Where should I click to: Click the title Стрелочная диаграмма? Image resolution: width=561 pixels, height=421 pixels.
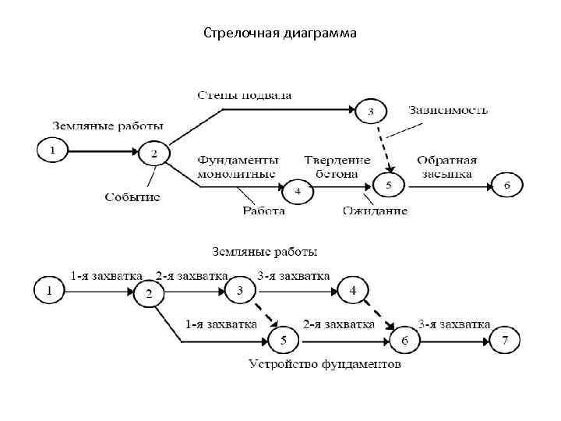click(x=280, y=34)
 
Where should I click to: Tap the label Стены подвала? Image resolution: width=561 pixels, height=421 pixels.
click(x=244, y=95)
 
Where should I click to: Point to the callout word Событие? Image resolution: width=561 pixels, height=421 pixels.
click(x=132, y=196)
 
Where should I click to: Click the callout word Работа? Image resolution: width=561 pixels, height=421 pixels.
click(x=263, y=209)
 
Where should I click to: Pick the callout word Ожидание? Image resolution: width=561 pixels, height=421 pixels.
click(x=374, y=209)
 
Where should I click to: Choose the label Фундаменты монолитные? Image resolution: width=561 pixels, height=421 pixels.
click(x=236, y=166)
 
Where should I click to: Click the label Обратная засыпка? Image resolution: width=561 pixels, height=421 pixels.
click(x=446, y=166)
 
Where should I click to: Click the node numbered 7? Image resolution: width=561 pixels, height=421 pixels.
click(x=505, y=340)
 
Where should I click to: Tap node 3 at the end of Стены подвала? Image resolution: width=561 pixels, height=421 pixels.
click(x=371, y=111)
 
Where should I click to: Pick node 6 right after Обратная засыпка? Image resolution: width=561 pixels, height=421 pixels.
click(x=506, y=186)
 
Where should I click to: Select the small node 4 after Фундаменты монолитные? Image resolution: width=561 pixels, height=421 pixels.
click(x=296, y=189)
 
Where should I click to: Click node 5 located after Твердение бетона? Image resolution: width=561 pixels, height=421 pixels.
click(x=389, y=186)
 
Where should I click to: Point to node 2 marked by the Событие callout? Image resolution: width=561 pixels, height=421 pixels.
click(x=154, y=154)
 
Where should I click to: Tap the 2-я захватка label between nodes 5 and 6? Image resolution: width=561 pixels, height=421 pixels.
click(x=338, y=324)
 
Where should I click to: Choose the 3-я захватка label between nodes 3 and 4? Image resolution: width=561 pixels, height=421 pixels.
click(x=293, y=276)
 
